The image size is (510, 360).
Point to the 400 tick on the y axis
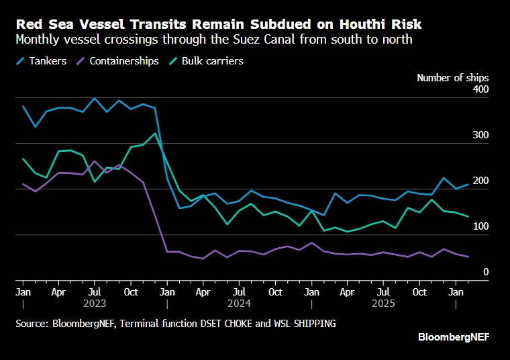pos(481,90)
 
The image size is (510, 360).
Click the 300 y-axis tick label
pos(481,136)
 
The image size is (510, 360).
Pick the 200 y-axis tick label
pos(481,181)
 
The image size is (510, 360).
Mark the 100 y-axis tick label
pos(481,227)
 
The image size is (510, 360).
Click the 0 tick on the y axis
pos(485,273)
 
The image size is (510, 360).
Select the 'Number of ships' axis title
pos(452,78)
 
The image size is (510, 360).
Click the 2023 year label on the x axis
pos(95,304)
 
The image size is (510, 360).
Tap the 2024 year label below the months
pos(239,304)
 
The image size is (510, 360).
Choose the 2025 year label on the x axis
pos(382,304)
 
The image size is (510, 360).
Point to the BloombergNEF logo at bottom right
pos(454,336)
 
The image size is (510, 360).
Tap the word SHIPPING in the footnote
pos(313,324)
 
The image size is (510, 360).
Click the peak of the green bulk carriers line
pos(155,133)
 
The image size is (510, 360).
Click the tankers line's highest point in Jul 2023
pos(95,98)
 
